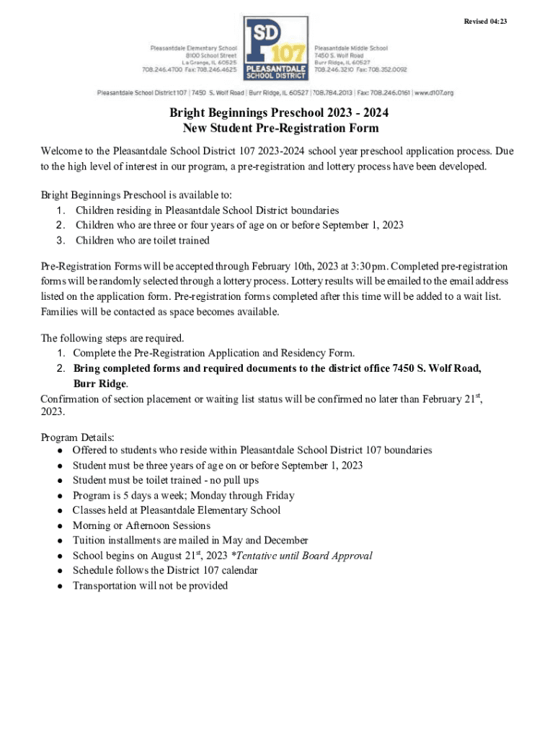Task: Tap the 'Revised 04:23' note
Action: tap(484, 21)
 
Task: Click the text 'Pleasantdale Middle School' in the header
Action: tap(351, 48)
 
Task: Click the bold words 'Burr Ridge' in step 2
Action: tap(99, 383)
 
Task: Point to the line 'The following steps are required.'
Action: tap(112, 338)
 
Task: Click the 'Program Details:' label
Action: tap(78, 437)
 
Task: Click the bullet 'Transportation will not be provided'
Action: tap(150, 586)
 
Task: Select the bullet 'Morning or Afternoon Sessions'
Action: tap(141, 525)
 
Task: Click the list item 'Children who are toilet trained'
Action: tap(142, 240)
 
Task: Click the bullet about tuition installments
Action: tap(190, 541)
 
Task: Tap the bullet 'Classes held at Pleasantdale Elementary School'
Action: tap(177, 510)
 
